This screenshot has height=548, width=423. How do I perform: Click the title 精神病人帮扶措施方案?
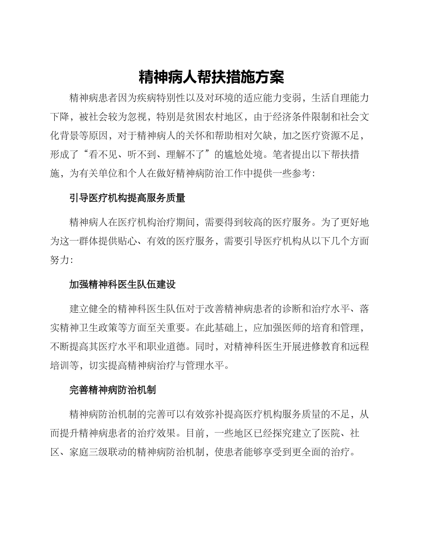211,77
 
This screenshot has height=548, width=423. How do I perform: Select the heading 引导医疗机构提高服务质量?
127,198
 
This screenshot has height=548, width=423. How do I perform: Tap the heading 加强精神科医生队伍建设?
122,284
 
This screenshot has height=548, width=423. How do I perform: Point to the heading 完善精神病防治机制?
112,390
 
